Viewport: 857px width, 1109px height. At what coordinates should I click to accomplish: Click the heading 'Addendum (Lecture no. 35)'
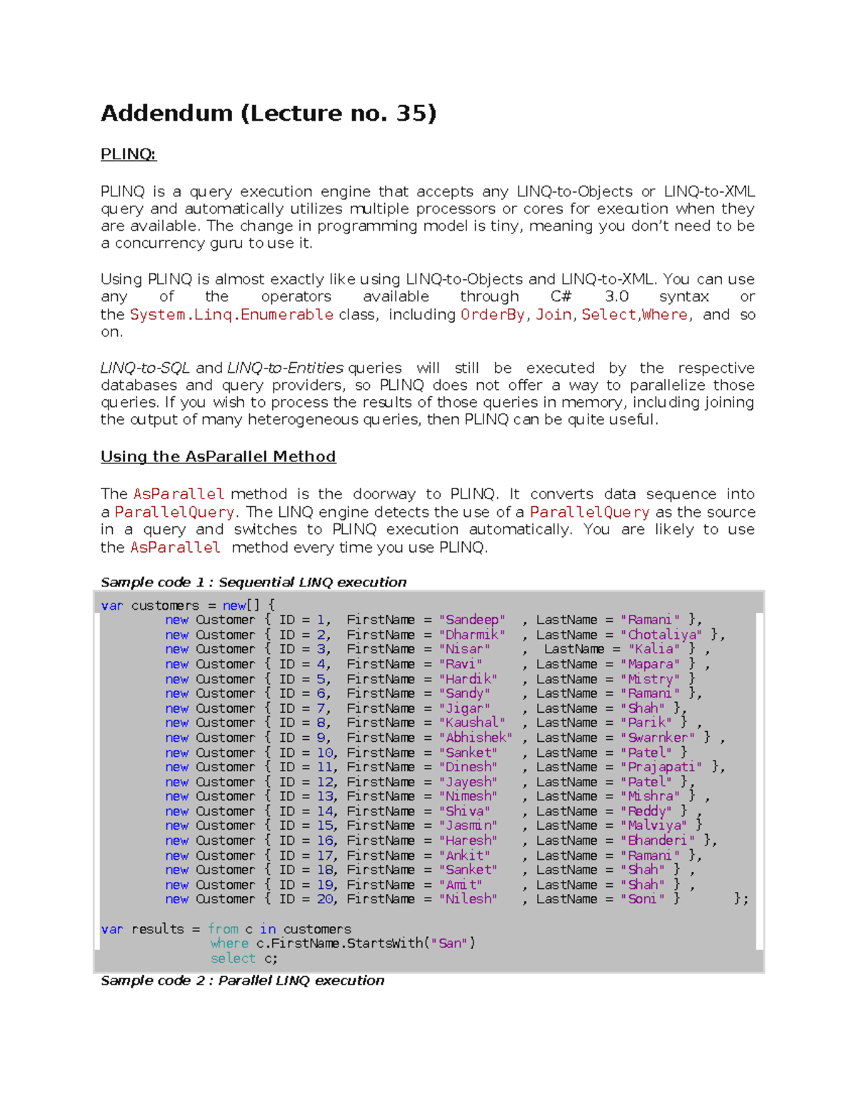click(x=268, y=114)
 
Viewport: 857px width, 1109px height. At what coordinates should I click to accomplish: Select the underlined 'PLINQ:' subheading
click(x=128, y=154)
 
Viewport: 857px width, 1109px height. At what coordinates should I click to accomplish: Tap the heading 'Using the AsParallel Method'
click(x=218, y=456)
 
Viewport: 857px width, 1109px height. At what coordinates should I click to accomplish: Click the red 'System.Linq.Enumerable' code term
click(x=231, y=315)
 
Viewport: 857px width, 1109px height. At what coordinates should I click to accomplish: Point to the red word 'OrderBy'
click(x=493, y=315)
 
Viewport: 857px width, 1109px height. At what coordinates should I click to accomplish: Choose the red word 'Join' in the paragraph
click(x=553, y=315)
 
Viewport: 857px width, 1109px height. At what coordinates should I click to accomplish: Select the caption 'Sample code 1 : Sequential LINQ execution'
click(x=254, y=582)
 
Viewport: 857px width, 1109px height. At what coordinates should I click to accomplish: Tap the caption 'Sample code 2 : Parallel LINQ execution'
click(x=242, y=980)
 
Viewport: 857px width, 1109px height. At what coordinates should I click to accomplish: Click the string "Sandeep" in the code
click(x=472, y=620)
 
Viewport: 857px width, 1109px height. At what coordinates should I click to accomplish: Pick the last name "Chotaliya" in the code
click(x=661, y=635)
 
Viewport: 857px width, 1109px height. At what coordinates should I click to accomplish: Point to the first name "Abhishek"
click(x=475, y=738)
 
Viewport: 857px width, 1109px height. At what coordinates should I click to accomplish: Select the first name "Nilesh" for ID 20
click(x=468, y=899)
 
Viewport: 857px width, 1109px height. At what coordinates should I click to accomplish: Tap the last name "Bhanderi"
click(x=657, y=840)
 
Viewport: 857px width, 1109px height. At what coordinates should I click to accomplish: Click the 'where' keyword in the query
click(x=229, y=943)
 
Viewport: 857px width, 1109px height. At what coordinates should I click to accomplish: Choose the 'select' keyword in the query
click(x=233, y=958)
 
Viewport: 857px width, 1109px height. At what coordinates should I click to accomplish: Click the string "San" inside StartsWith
click(x=450, y=943)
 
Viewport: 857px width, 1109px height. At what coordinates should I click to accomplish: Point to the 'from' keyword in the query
click(x=223, y=929)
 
